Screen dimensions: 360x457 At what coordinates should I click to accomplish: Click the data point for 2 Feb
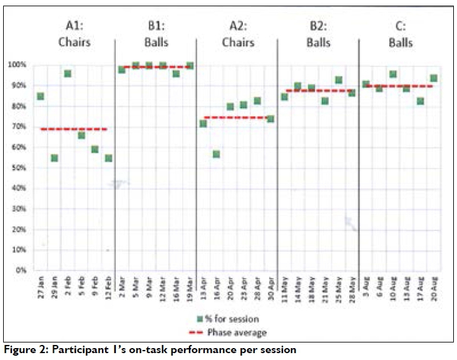[68, 74]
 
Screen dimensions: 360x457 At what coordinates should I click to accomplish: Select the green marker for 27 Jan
[40, 96]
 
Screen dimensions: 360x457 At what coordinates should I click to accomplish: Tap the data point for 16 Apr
[216, 154]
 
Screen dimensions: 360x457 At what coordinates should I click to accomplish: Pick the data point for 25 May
[339, 80]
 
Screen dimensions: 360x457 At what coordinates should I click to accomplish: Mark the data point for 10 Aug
[393, 74]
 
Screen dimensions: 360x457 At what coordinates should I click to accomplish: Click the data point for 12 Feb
[108, 158]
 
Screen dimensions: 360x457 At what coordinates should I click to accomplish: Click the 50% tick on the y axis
[18, 168]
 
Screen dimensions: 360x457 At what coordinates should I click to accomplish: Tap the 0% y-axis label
[20, 270]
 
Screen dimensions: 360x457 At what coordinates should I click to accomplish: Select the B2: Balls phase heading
[319, 35]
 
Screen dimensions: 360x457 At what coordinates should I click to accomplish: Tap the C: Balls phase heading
[400, 35]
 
